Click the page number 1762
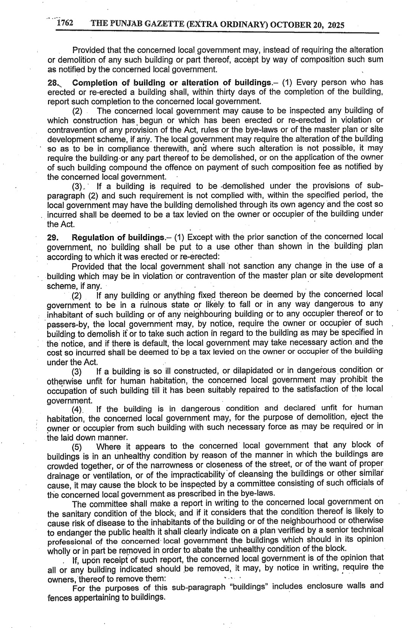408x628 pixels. click(65, 24)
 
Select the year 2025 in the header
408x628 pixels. click(336, 25)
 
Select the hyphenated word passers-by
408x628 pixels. click(68, 324)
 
